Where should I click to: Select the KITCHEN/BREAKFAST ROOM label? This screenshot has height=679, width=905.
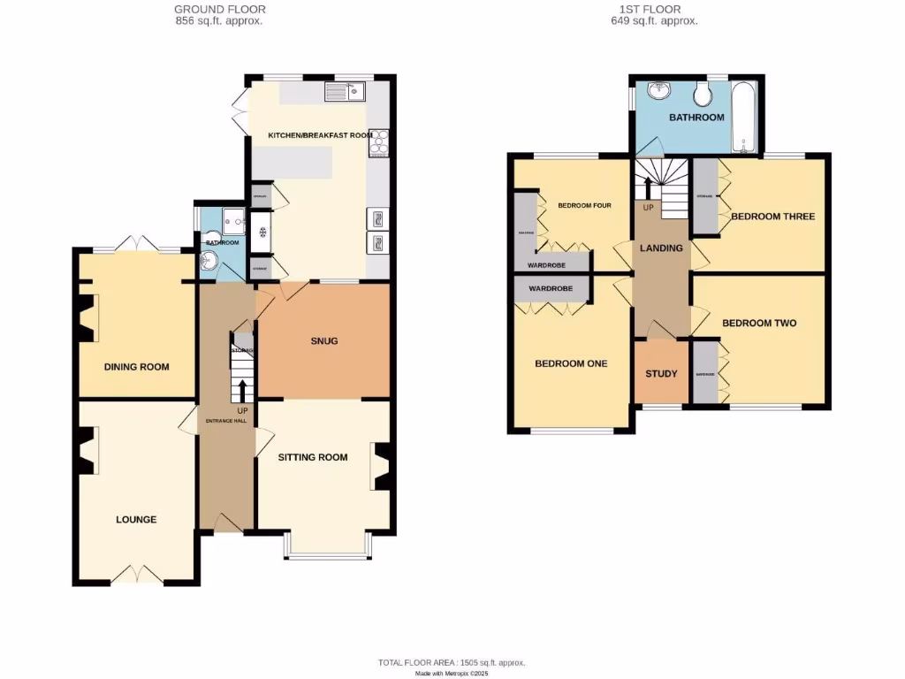click(317, 135)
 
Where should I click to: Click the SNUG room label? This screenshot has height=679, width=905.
click(324, 340)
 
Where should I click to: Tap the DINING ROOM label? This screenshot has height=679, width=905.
click(136, 367)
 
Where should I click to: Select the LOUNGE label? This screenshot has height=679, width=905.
click(136, 519)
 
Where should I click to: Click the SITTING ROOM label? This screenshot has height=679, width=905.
click(313, 457)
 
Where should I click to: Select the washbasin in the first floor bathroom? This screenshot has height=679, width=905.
click(658, 91)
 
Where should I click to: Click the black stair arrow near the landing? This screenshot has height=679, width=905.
click(648, 187)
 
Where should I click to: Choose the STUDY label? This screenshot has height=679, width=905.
click(660, 373)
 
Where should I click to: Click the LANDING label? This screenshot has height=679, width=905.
click(661, 248)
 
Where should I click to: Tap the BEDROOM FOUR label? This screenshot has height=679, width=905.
click(584, 206)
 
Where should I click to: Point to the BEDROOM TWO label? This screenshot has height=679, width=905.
click(759, 323)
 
